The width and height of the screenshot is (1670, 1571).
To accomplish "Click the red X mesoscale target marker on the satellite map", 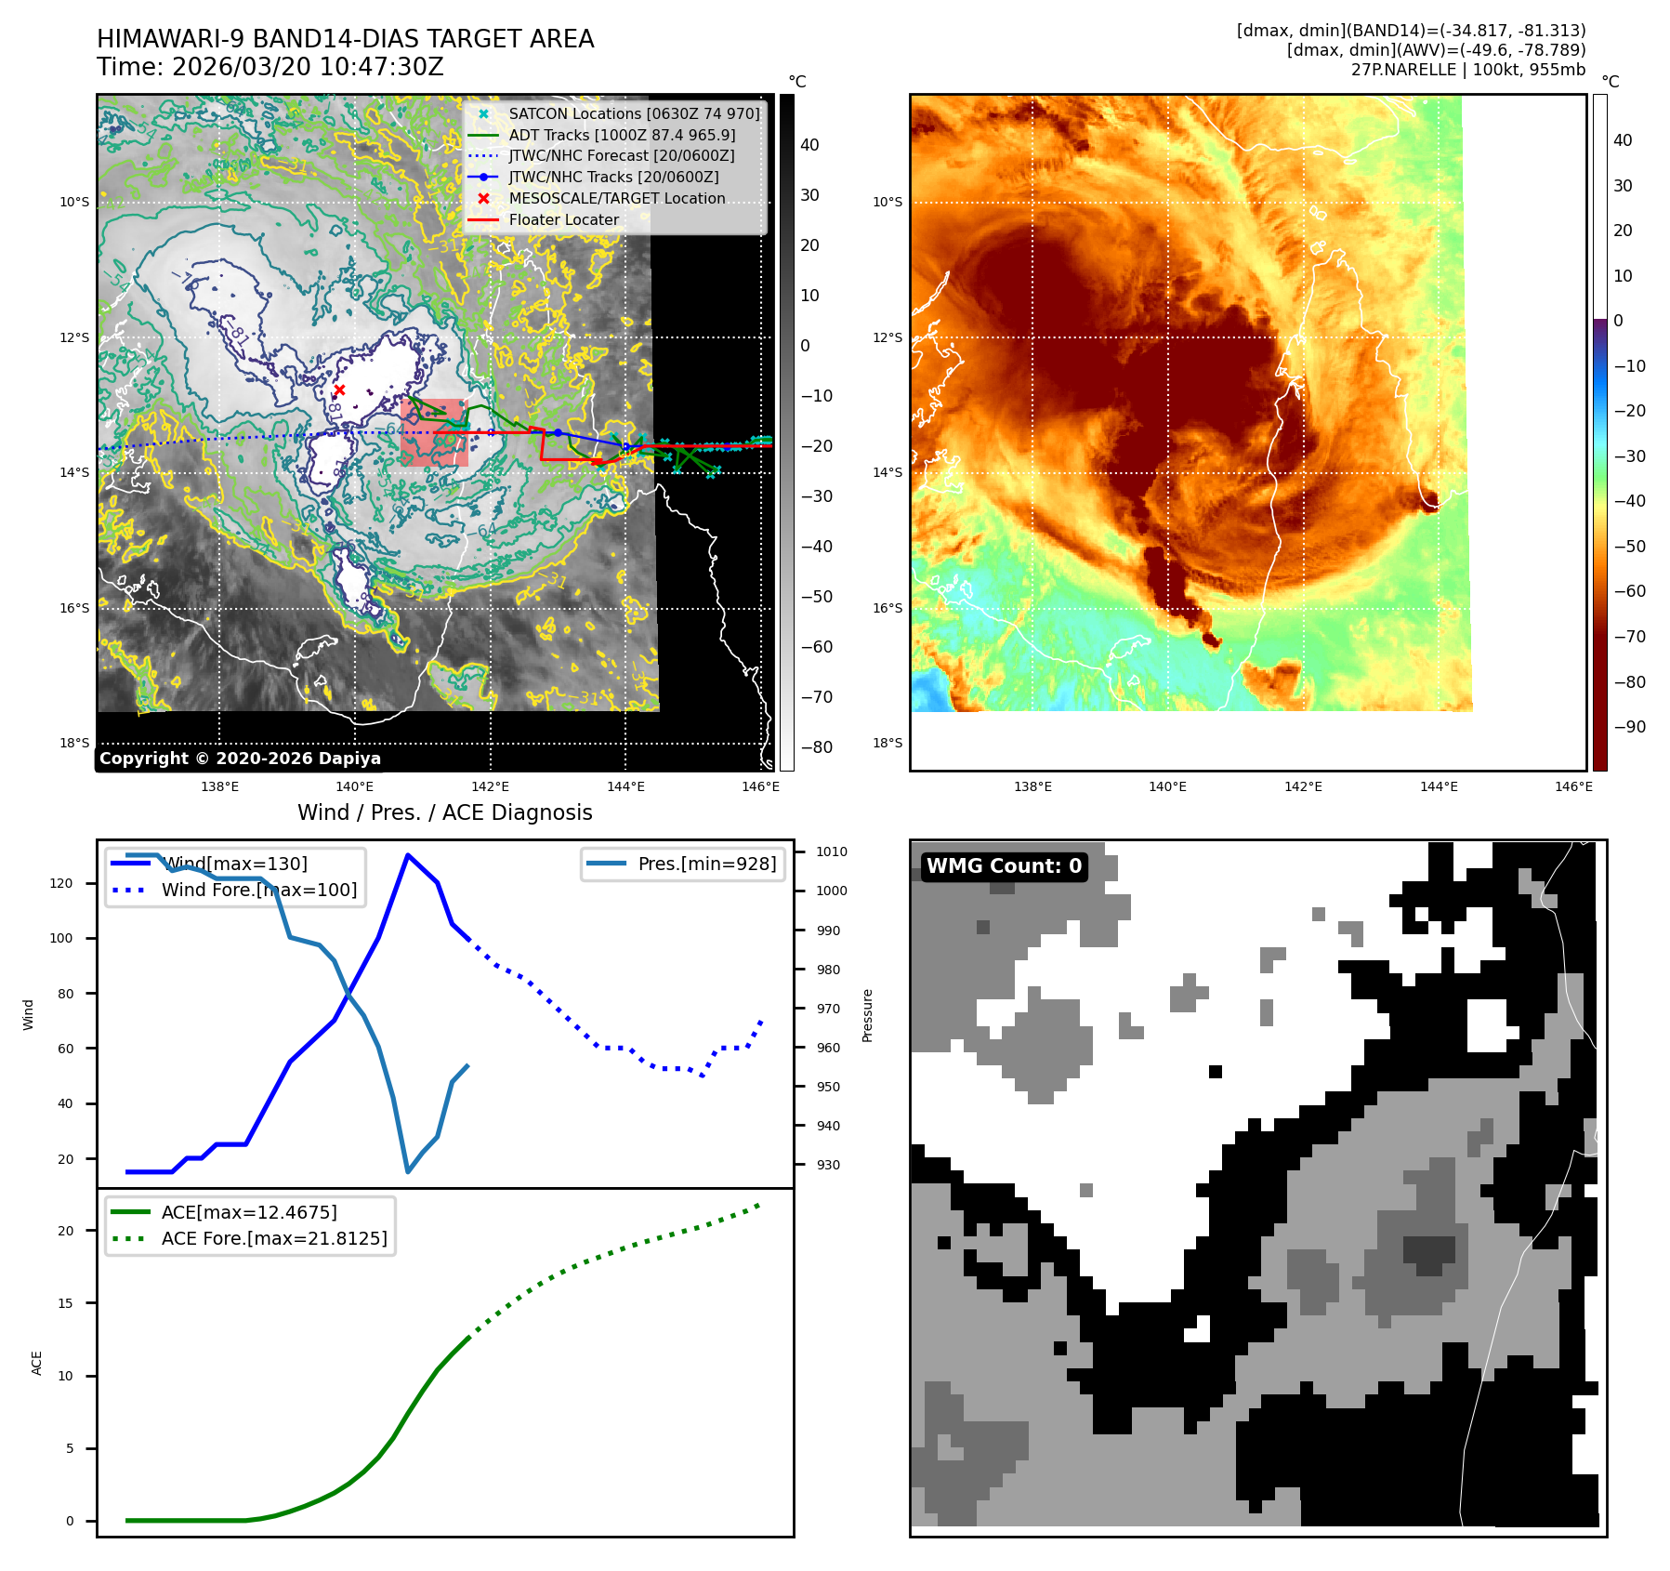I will tap(339, 390).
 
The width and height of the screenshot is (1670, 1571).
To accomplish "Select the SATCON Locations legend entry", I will tap(634, 113).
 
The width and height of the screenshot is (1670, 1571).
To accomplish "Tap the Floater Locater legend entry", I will tap(563, 220).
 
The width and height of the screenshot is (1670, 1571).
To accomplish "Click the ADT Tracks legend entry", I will tap(621, 135).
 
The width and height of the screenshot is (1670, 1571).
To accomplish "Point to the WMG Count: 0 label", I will tap(1004, 866).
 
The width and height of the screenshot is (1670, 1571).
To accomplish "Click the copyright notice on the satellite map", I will tap(240, 759).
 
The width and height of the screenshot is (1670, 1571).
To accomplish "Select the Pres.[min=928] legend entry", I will tap(706, 865).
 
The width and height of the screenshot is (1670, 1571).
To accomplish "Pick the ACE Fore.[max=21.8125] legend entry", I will tap(273, 1238).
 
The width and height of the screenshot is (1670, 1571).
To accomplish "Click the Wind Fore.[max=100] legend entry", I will tap(258, 890).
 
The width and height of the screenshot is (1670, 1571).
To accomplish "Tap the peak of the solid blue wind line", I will tap(407, 854).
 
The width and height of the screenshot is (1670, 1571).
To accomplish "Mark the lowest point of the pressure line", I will tap(408, 1171).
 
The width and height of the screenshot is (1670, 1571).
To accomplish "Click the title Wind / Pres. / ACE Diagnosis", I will tap(444, 812).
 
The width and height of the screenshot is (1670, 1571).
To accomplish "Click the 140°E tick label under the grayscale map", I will tap(355, 786).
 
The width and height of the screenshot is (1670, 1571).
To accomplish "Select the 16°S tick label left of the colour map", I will tap(887, 608).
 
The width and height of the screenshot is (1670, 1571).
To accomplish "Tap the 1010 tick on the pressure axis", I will tap(832, 852).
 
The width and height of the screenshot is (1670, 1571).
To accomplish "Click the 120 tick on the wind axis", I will tap(61, 883).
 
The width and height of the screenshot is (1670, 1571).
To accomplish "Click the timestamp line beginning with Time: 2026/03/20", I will tap(270, 68).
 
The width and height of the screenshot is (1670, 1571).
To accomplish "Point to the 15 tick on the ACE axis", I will tap(65, 1303).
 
